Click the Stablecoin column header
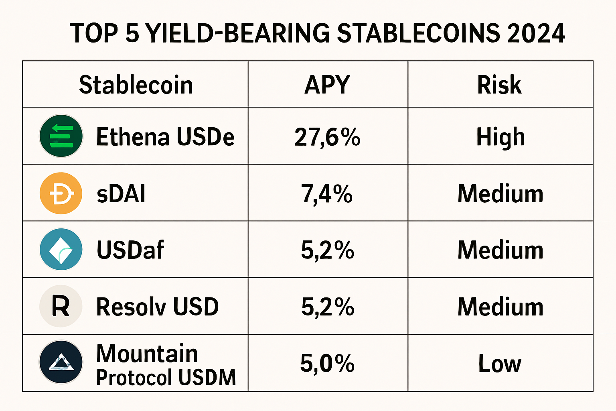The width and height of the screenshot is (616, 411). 136,85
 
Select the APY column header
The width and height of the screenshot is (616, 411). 327,85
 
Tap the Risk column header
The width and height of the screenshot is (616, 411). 499,85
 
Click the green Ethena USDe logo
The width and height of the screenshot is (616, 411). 61,136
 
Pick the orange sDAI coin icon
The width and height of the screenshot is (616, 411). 61,193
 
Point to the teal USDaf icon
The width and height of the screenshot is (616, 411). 61,249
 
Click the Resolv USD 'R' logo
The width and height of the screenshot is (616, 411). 61,306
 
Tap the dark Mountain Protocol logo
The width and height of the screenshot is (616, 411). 61,362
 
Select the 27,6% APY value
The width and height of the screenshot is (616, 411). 327,137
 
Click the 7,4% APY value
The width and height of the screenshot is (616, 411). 327,194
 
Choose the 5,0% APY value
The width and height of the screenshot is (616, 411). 327,363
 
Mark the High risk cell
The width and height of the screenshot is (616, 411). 500,137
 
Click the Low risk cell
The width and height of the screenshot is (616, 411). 500,363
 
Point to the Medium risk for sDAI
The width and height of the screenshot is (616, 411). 500,194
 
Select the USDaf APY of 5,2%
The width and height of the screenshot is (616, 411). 327,250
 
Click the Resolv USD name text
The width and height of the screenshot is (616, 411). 158,307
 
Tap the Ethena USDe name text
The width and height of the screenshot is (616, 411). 165,137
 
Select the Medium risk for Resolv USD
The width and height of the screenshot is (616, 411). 500,307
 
